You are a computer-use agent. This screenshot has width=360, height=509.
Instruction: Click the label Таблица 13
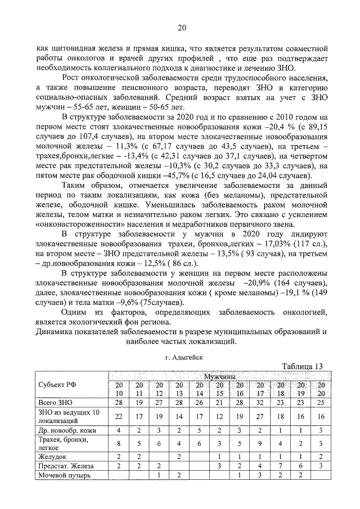pos(302,366)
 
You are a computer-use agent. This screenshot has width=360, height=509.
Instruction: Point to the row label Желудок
pos(51,457)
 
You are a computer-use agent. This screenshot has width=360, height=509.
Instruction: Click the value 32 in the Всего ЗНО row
pos(260,403)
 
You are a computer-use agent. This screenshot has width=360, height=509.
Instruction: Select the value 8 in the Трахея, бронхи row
pos(118,443)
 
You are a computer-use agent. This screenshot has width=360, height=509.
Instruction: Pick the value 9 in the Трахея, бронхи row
pos(260,443)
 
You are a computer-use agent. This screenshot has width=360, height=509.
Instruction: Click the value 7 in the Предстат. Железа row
pos(280,466)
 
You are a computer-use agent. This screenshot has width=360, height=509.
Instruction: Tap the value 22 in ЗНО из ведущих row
pos(118,416)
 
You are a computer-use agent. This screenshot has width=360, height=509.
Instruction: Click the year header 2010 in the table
pos(118,389)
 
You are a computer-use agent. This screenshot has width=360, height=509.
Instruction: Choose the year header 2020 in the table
pos(321,389)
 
